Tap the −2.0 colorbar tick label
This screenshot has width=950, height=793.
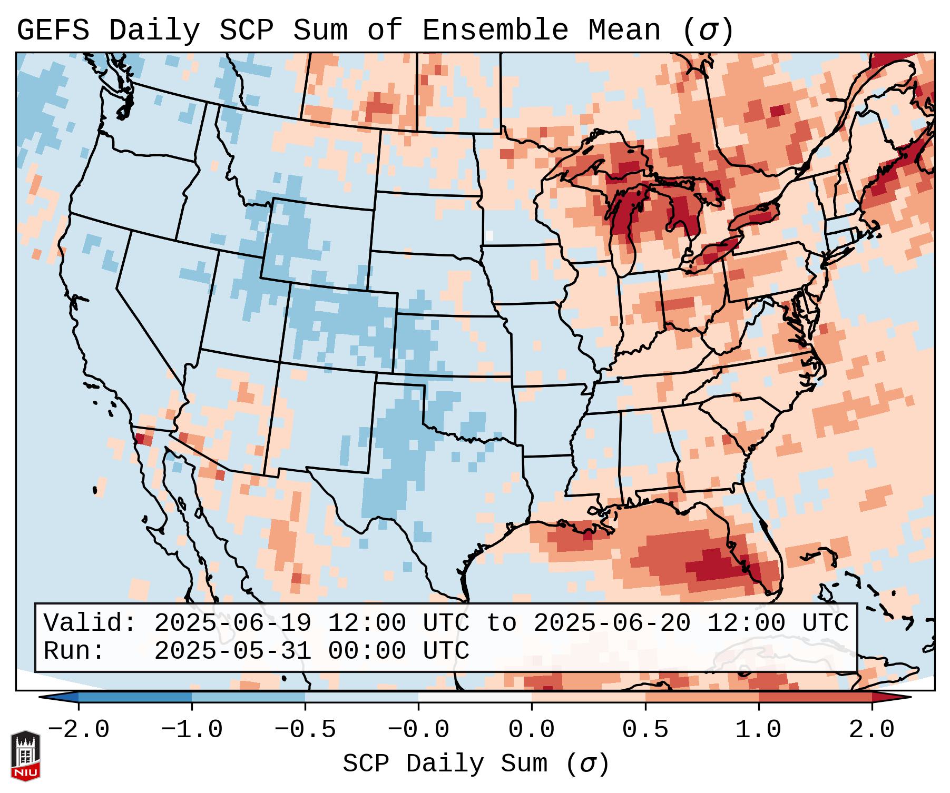click(x=79, y=730)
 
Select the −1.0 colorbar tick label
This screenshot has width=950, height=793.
click(x=192, y=730)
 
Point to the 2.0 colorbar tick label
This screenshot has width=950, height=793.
click(x=872, y=730)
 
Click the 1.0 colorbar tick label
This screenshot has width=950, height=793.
click(x=759, y=730)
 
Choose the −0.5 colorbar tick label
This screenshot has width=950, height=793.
click(x=305, y=730)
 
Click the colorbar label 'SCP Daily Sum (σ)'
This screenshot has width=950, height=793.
click(x=476, y=764)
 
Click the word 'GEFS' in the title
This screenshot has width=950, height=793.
click(x=53, y=31)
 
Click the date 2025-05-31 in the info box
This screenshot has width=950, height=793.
click(x=233, y=651)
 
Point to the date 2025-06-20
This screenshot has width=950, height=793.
click(x=612, y=623)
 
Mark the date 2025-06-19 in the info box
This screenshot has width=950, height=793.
click(x=233, y=623)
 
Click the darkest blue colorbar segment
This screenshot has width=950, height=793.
click(x=135, y=697)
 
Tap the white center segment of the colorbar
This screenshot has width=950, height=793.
click(x=475, y=697)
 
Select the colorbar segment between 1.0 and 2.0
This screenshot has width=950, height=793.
click(x=815, y=697)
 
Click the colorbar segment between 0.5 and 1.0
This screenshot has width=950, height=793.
click(x=702, y=697)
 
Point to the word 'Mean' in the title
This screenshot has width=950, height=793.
click(x=624, y=31)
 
